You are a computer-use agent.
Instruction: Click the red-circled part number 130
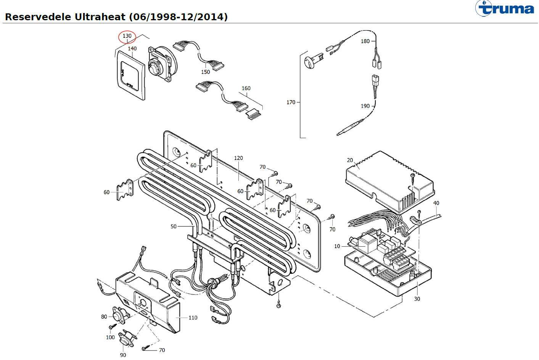[x=127, y=36]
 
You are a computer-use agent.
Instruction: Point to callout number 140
[x=132, y=48]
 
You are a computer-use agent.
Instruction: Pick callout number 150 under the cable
[x=205, y=72]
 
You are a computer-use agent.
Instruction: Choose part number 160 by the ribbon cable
[x=246, y=88]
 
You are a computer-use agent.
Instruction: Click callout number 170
[x=291, y=102]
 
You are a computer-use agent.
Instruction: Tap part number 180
[x=365, y=41]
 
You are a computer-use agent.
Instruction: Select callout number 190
[x=365, y=106]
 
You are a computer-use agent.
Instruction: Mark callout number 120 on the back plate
[x=238, y=158]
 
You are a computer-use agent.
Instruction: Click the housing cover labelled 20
[x=389, y=179]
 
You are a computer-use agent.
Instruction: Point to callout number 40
[x=436, y=203]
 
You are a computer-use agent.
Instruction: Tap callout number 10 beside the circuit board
[x=337, y=246]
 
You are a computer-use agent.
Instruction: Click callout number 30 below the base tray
[x=417, y=299]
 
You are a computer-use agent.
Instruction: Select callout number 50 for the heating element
[x=174, y=226]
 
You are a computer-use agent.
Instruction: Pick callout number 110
[x=193, y=317]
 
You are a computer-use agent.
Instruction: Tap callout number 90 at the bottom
[x=123, y=355]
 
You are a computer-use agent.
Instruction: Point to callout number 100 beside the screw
[x=110, y=337]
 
